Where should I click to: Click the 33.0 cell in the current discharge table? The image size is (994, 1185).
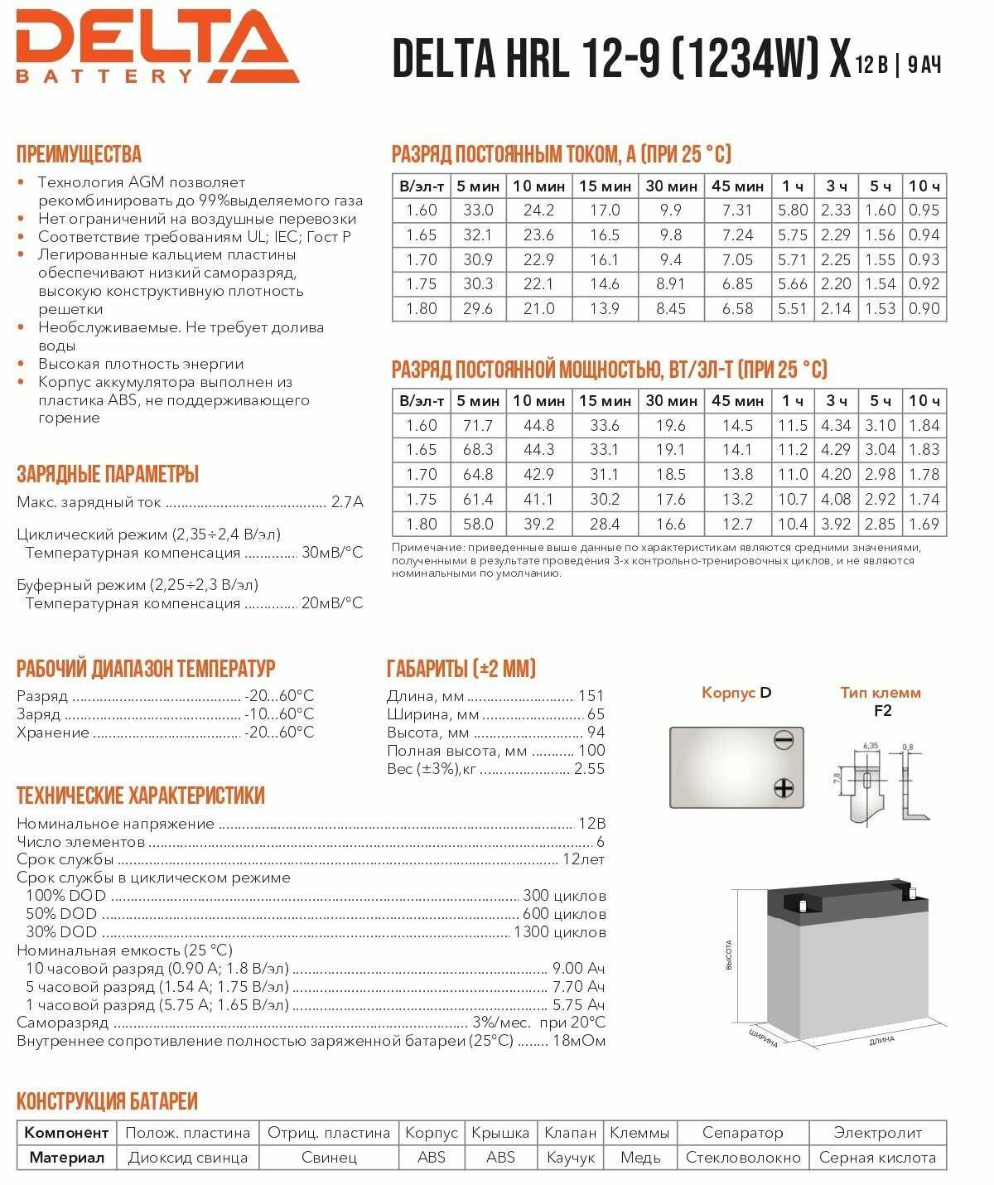478,210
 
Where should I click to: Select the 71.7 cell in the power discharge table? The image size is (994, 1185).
478,426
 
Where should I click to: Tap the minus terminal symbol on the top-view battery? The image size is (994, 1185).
783,738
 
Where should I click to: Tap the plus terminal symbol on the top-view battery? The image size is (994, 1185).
783,787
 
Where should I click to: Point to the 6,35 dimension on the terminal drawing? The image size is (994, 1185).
870,746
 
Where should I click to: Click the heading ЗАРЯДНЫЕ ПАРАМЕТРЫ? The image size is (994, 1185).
108,475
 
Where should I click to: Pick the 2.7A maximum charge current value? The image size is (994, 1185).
347,502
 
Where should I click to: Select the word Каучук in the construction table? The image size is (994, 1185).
571,1158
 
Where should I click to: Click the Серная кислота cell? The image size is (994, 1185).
877,1158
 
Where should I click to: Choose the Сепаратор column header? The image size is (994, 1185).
742,1133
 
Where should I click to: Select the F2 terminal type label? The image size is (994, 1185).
883,711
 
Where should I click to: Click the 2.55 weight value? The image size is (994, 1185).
589,769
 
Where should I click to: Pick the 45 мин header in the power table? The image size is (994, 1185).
737,401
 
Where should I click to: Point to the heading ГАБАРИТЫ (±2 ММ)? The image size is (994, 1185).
461,669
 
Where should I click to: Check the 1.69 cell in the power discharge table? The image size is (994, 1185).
924,524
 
